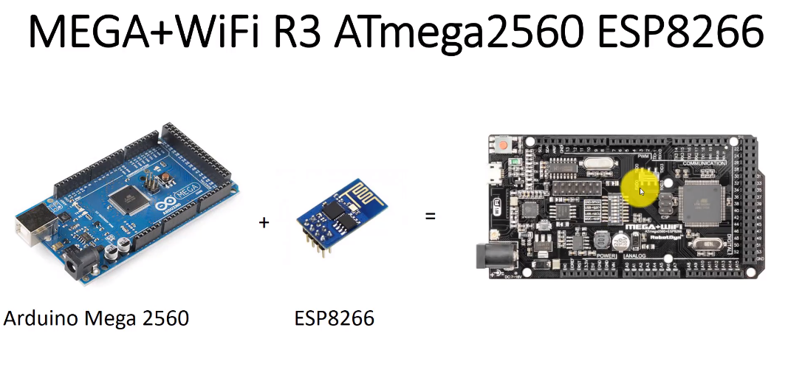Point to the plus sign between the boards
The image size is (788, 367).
(264, 221)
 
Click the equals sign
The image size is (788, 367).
(429, 217)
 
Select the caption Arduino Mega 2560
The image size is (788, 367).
(96, 319)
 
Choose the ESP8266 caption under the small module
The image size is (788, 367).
(334, 319)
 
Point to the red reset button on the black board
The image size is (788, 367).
(504, 145)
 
